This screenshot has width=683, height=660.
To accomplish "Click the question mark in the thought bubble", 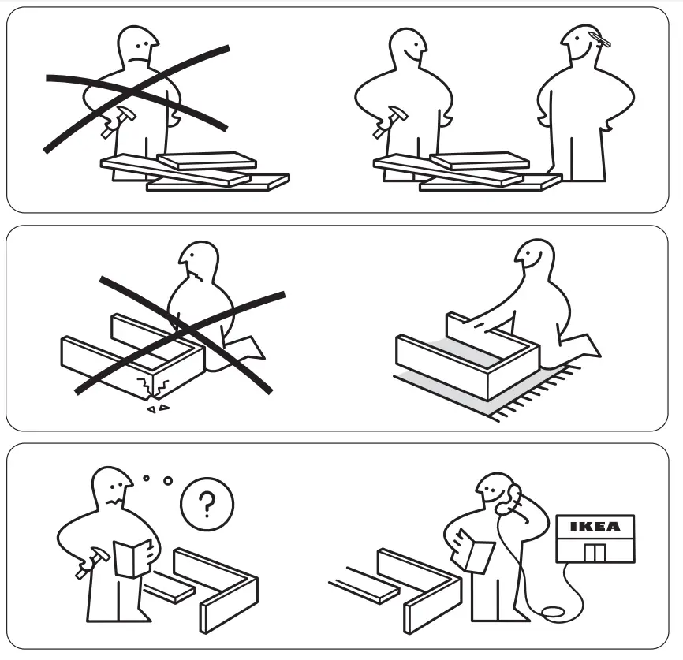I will click(x=206, y=505).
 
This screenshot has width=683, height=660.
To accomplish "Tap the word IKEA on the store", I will click(x=595, y=527).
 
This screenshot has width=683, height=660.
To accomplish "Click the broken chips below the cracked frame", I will click(x=158, y=408).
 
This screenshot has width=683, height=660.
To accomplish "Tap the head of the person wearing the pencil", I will click(x=582, y=47).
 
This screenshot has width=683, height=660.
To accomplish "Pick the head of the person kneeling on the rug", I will click(x=534, y=261).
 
